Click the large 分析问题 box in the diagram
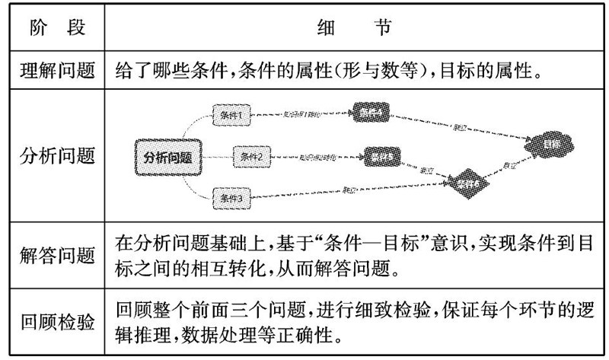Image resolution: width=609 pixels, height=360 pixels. pyautogui.click(x=167, y=158)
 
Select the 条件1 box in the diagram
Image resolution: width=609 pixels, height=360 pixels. pyautogui.click(x=231, y=116)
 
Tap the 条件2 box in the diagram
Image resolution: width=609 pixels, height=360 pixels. pyautogui.click(x=251, y=158)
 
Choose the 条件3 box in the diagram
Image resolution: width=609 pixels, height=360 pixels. pyautogui.click(x=230, y=198)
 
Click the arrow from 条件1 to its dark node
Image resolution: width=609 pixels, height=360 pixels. pyautogui.click(x=301, y=114)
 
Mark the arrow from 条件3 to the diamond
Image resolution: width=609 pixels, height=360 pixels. pyautogui.click(x=350, y=190)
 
